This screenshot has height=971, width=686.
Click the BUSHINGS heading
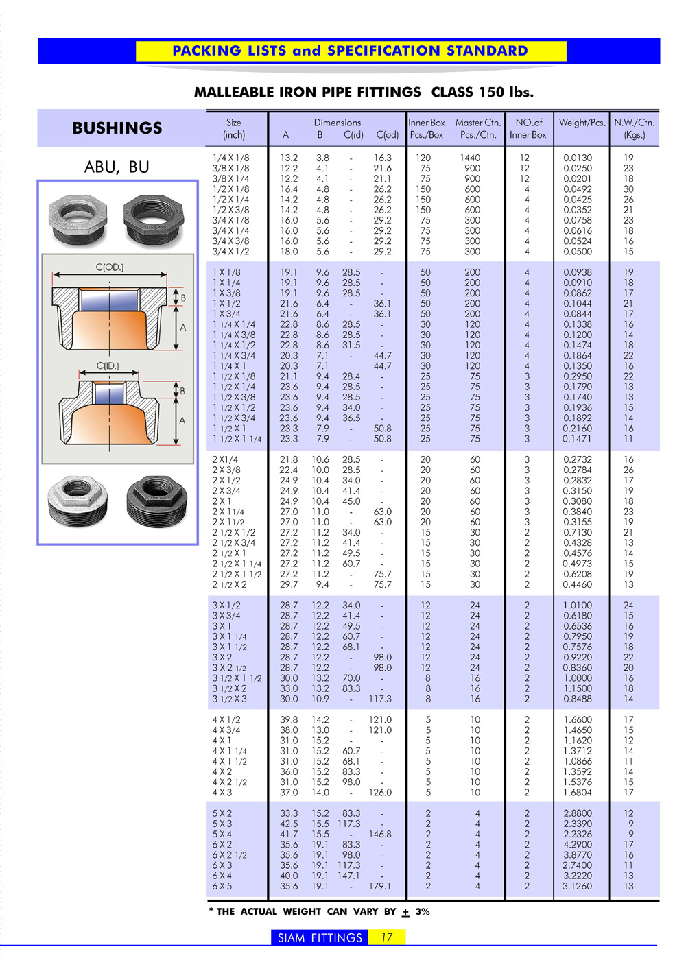click(117, 128)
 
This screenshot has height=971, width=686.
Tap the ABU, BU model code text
click(117, 167)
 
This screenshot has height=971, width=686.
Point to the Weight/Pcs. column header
click(582, 123)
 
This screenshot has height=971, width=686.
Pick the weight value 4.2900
click(578, 845)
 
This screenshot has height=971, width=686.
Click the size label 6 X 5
click(222, 886)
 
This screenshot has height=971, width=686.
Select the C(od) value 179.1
click(379, 886)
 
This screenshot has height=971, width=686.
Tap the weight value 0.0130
click(578, 158)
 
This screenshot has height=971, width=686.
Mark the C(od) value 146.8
click(379, 835)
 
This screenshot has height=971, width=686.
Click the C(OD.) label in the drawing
click(110, 267)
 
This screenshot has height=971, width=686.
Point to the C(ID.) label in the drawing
click(108, 366)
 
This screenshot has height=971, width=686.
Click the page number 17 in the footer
click(387, 937)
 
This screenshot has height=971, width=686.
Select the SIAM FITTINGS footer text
click(320, 937)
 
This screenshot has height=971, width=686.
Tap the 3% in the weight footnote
click(423, 911)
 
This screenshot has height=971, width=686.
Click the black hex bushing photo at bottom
click(157, 501)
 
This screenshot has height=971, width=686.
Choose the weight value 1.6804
click(578, 793)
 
